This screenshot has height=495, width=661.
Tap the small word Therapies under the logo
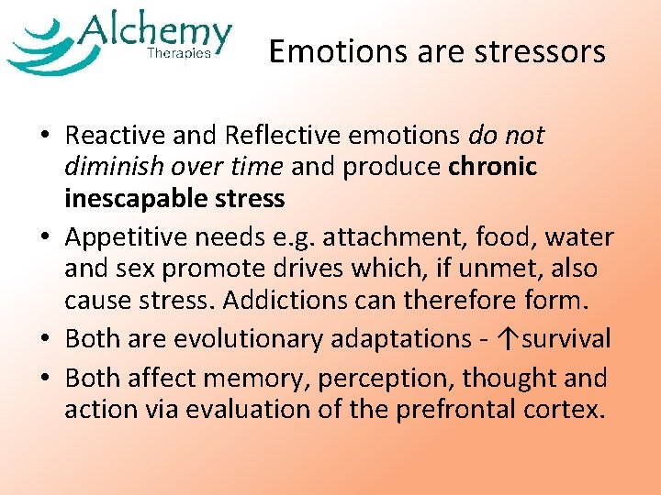coord(179,54)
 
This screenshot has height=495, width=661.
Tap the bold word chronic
coord(493,168)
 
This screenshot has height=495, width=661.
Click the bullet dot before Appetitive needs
coord(45,238)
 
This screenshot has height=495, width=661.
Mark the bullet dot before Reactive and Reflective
coord(45,137)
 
